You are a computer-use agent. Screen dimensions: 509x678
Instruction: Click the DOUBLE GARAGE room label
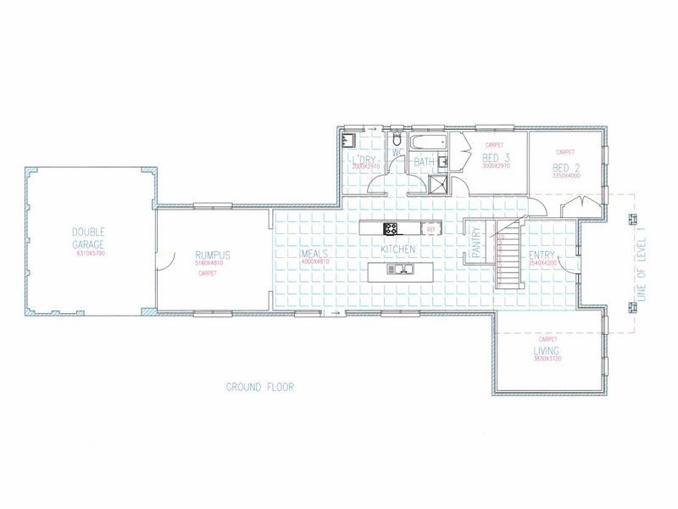[x=88, y=238]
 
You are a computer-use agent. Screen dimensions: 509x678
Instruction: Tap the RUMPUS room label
[x=213, y=255]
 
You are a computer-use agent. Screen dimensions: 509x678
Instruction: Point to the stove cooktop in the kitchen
[x=392, y=227]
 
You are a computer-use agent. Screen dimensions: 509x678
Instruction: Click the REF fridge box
[x=431, y=229]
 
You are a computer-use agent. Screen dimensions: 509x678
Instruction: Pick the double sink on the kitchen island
[x=398, y=270]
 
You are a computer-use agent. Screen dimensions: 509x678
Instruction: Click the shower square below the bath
[x=440, y=186]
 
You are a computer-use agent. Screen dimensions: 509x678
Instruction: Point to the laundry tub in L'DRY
[x=348, y=141]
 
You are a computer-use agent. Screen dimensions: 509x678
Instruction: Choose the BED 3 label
[x=496, y=159]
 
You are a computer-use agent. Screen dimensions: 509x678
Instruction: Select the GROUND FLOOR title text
[x=259, y=387]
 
